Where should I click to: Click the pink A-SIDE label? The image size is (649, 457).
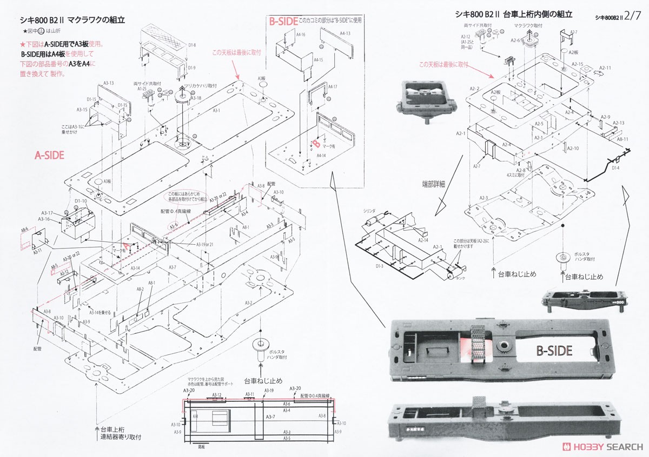pos(49,155)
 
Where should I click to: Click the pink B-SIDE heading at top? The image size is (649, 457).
pos(283,22)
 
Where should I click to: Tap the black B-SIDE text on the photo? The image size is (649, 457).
pos(554,351)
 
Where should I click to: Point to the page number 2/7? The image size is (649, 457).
pos(632,17)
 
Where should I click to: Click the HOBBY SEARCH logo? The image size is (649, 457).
pos(602,447)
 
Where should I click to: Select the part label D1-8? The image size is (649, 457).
pos(191,45)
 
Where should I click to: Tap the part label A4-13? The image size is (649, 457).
pos(345,33)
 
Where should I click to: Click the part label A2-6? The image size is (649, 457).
pos(515,41)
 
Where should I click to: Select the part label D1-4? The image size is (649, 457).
pos(615,168)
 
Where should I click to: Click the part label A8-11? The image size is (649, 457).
pos(623,139)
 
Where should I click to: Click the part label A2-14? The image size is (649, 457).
pos(424,240)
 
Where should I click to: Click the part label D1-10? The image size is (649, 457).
pos(81,201)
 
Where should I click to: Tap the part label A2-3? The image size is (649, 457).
pos(484,198)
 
